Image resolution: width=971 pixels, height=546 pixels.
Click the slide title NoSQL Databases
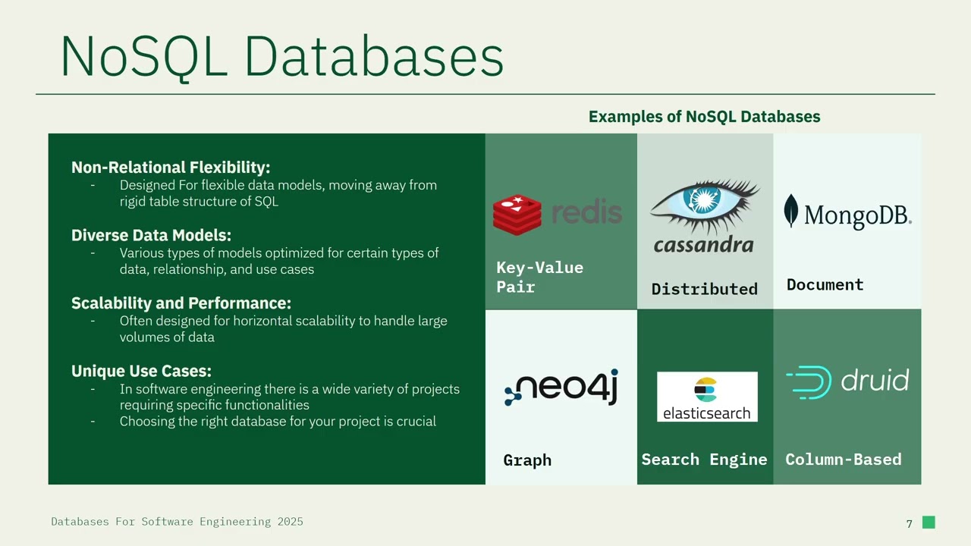pyautogui.click(x=281, y=56)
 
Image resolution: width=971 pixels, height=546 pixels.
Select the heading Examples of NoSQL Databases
pyautogui.click(x=704, y=117)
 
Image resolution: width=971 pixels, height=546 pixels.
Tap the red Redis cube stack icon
pyautogui.click(x=517, y=214)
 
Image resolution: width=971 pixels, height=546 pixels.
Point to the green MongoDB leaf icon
pyautogui.click(x=791, y=211)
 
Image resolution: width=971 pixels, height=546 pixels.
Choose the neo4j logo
pyautogui.click(x=561, y=388)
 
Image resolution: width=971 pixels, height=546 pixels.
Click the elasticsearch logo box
pyautogui.click(x=707, y=397)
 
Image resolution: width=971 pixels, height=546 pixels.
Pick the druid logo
pyautogui.click(x=847, y=381)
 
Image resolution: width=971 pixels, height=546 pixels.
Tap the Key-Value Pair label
pyautogui.click(x=539, y=277)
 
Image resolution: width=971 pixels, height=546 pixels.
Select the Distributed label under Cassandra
pyautogui.click(x=704, y=289)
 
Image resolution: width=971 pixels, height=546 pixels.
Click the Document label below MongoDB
pyautogui.click(x=825, y=285)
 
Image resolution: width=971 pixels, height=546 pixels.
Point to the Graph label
pyautogui.click(x=527, y=460)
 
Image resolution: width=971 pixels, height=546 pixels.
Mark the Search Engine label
pyautogui.click(x=704, y=460)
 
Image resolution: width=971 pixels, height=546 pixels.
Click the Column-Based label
pyautogui.click(x=843, y=460)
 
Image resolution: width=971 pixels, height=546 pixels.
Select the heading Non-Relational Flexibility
pyautogui.click(x=171, y=168)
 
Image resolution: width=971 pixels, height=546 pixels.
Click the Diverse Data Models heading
pyautogui.click(x=151, y=235)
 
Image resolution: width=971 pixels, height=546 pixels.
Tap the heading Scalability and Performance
pyautogui.click(x=181, y=303)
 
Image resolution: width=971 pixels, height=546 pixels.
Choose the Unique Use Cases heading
pyautogui.click(x=141, y=371)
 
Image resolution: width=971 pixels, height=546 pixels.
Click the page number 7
pyautogui.click(x=909, y=523)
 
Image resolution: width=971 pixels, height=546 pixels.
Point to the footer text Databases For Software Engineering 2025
pyautogui.click(x=177, y=522)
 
